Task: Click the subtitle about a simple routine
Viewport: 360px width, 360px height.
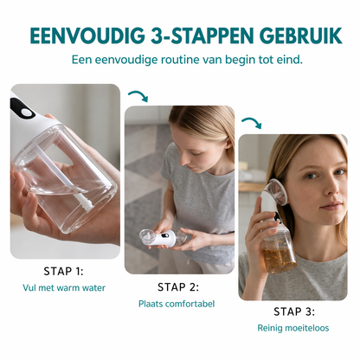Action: click(180, 60)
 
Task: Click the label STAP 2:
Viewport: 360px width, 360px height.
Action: click(178, 286)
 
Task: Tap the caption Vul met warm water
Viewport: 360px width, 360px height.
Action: click(64, 287)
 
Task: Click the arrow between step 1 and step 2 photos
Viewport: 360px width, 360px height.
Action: click(137, 96)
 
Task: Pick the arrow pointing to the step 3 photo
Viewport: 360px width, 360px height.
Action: click(251, 123)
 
